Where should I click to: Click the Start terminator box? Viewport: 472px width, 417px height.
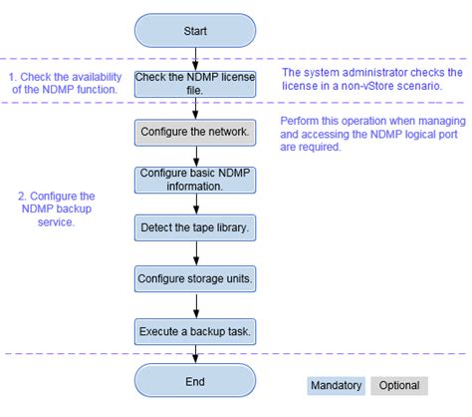tap(195, 32)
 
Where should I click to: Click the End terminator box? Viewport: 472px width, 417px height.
tap(195, 381)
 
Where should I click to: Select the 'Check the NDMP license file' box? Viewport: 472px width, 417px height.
tap(195, 82)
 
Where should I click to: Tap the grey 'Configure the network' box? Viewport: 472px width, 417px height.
tap(195, 131)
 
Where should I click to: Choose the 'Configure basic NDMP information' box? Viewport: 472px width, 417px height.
tap(195, 180)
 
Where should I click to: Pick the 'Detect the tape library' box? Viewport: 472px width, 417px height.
tap(195, 227)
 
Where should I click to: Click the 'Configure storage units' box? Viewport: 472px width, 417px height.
tap(195, 276)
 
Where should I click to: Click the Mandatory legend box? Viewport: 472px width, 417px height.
tap(337, 385)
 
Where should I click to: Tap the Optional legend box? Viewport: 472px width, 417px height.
tap(397, 385)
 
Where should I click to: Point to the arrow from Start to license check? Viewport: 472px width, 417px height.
tap(195, 57)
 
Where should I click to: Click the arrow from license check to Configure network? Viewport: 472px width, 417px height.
tap(195, 107)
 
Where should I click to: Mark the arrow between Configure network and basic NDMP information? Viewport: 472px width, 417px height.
tap(195, 154)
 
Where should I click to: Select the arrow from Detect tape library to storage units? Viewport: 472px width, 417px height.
tap(195, 251)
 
